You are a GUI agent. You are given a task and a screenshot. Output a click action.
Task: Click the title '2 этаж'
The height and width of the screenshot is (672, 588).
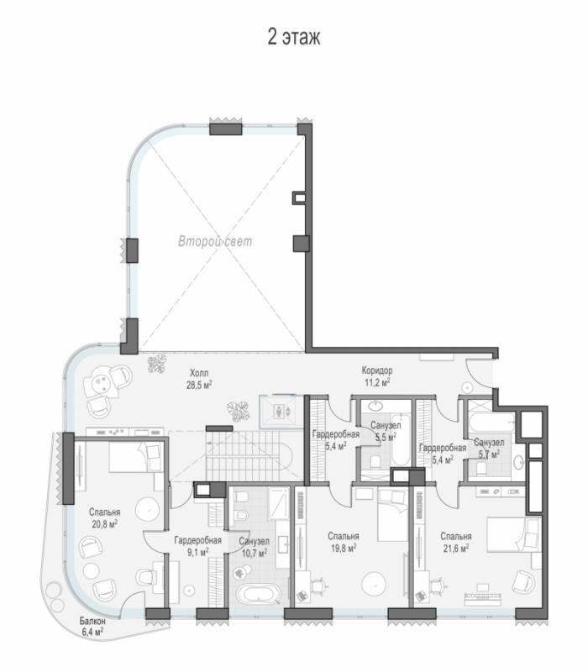[294, 37]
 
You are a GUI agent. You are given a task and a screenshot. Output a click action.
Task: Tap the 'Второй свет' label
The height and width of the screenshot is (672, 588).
[215, 241]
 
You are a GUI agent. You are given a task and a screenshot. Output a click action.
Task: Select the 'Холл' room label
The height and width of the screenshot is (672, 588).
[199, 373]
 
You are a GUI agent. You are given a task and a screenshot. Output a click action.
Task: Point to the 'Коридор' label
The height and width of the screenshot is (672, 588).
[377, 370]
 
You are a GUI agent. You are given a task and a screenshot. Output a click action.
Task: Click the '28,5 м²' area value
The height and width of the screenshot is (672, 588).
[199, 385]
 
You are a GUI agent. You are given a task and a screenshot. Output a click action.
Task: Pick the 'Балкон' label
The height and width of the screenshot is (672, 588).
[92, 621]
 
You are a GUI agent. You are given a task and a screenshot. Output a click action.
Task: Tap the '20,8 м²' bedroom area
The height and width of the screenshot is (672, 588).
[104, 523]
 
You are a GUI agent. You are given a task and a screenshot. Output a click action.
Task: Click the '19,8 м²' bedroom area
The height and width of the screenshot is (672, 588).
[344, 548]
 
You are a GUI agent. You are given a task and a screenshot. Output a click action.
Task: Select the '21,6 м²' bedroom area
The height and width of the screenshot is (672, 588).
[456, 548]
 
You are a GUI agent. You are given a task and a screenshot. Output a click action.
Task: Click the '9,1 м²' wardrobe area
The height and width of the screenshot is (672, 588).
[197, 552]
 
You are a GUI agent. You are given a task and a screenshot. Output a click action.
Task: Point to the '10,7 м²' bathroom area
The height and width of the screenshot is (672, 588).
[255, 554]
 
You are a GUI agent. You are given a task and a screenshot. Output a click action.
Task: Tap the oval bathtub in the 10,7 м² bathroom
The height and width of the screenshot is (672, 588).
[259, 596]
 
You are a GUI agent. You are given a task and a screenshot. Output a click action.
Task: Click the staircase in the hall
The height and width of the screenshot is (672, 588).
[249, 456]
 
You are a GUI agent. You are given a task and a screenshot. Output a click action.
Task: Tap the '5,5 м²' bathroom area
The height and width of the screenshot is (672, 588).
[386, 437]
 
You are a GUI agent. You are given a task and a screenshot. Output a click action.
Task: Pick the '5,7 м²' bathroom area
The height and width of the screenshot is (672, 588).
[489, 454]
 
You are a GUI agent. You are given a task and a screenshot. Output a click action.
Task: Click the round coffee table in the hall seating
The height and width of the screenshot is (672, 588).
[102, 381]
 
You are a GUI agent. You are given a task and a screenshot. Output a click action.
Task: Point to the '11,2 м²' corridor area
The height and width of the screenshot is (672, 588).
[377, 382]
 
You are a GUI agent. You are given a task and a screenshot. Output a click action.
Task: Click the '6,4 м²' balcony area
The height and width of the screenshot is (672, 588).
[92, 632]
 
